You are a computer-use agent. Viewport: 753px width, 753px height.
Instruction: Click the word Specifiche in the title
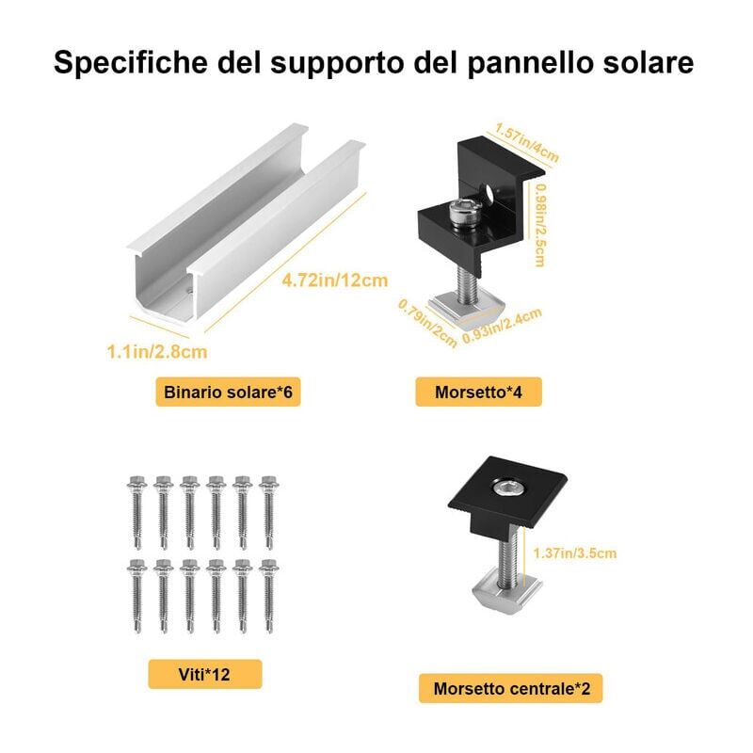pyautogui.click(x=131, y=63)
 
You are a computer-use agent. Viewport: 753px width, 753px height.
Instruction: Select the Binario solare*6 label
pyautogui.click(x=228, y=392)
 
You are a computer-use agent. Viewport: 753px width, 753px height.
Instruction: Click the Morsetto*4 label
pyautogui.click(x=478, y=392)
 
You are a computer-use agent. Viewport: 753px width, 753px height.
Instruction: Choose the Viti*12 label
pyautogui.click(x=204, y=674)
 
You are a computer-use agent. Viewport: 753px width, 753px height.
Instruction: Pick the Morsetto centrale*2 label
pyautogui.click(x=511, y=688)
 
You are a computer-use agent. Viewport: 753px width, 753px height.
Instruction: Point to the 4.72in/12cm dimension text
pyautogui.click(x=335, y=280)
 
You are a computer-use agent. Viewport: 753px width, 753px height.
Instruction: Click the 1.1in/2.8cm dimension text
pyautogui.click(x=157, y=351)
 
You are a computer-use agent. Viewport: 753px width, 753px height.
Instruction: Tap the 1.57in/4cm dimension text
pyautogui.click(x=527, y=143)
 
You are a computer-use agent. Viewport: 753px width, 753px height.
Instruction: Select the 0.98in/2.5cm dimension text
pyautogui.click(x=540, y=225)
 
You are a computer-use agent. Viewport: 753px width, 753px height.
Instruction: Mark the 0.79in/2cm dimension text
pyautogui.click(x=427, y=323)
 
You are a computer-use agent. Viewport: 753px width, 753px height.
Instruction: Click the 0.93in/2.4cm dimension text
pyautogui.click(x=503, y=326)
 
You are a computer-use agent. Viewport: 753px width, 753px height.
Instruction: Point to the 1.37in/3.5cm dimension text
pyautogui.click(x=575, y=553)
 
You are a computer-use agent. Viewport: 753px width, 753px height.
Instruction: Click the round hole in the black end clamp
pyautogui.click(x=489, y=193)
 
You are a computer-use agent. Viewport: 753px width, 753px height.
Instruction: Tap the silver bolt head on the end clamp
pyautogui.click(x=465, y=215)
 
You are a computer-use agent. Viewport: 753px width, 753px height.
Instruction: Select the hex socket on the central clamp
pyautogui.click(x=508, y=489)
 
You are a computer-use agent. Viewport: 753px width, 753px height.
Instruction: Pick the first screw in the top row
pyautogui.click(x=136, y=512)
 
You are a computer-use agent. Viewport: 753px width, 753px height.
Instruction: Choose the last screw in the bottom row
pyautogui.click(x=268, y=596)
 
